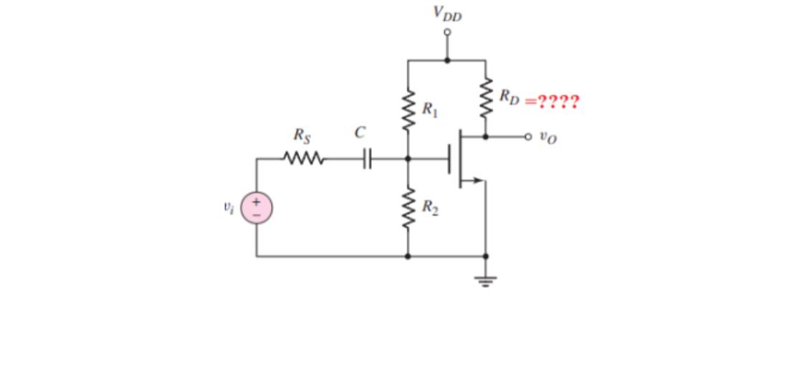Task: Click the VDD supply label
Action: click(447, 13)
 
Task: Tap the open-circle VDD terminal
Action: click(448, 32)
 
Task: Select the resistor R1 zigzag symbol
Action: click(408, 110)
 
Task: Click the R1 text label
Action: click(429, 110)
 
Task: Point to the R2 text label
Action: click(430, 208)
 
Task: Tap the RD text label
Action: click(510, 96)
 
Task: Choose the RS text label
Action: click(302, 134)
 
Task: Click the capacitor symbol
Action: click(367, 158)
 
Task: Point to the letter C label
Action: click(360, 133)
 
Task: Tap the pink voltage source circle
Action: click(256, 209)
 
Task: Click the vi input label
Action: click(228, 208)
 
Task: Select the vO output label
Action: click(547, 138)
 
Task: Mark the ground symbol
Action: click(486, 279)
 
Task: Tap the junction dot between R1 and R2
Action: click(408, 158)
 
